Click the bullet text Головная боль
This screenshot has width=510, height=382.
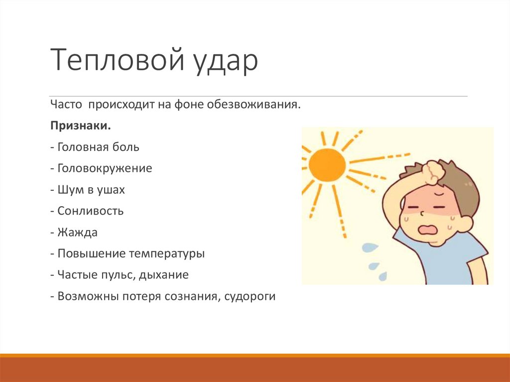[98, 147]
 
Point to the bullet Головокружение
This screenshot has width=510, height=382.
[105, 168]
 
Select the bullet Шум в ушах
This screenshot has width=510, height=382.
[91, 190]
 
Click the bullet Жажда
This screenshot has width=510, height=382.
[77, 232]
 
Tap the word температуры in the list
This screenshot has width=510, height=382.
[167, 254]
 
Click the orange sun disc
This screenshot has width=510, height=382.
[327, 164]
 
